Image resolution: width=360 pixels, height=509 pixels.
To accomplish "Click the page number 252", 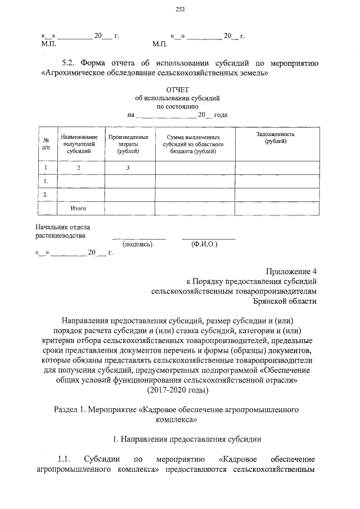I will click(180, 8).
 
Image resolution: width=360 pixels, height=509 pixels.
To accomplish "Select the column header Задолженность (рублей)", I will click(275, 138).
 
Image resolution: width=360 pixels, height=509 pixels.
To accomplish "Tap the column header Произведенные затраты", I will click(128, 144).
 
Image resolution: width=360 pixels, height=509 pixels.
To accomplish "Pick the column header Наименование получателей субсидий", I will click(79, 144).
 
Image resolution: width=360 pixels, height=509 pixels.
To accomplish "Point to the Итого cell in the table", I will click(78, 209).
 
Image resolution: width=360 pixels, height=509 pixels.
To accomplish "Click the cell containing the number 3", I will click(128, 167).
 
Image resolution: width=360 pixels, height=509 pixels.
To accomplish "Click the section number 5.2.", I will click(69, 62).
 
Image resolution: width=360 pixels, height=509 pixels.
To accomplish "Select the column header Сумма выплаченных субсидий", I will click(194, 144).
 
